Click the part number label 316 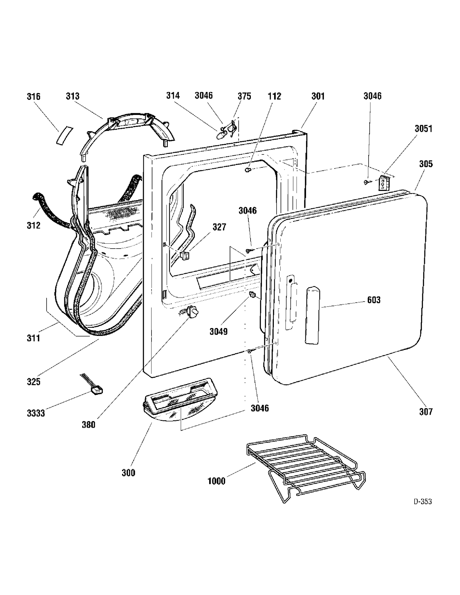(33, 97)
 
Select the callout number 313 (73, 96)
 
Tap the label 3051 (424, 128)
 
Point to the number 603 (374, 299)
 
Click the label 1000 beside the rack (217, 481)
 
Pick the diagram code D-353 (423, 502)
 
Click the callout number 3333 (36, 413)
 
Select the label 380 (88, 425)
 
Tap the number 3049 (219, 331)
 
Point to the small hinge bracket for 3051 (384, 183)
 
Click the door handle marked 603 (312, 315)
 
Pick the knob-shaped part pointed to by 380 (192, 312)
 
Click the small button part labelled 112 (248, 170)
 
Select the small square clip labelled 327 (184, 255)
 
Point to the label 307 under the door (426, 411)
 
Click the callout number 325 (33, 382)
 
